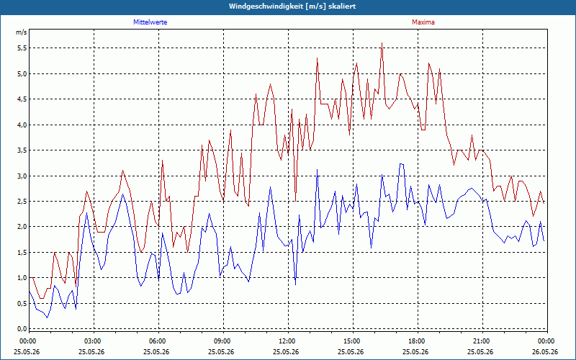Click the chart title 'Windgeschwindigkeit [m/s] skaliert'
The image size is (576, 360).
292,6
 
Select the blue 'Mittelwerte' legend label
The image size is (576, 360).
150,22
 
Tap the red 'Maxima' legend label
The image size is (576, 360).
423,22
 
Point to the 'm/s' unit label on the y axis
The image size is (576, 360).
22,32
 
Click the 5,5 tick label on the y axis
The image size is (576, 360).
22,48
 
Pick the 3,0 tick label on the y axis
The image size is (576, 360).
22,176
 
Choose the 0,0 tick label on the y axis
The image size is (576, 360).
22,329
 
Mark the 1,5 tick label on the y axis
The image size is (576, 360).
22,253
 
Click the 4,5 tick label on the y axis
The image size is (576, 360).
22,99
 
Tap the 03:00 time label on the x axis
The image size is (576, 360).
94,341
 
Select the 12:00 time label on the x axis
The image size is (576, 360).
289,341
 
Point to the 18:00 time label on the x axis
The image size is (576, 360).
418,341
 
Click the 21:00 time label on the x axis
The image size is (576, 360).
482,341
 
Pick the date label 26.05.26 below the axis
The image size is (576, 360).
545,352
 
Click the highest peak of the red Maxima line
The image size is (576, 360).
382,43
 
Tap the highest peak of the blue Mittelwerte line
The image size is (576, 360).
402,164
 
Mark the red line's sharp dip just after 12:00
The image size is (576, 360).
295,202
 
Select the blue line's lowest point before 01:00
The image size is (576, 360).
47,318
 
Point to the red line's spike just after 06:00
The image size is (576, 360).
162,160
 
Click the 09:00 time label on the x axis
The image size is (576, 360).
224,341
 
